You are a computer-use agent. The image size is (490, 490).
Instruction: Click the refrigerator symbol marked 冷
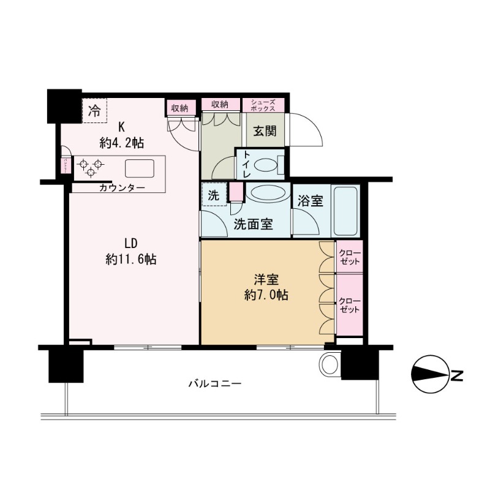[94, 111]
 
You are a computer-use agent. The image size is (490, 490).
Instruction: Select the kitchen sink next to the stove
[141, 167]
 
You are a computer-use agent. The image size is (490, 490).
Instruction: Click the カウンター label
[122, 188]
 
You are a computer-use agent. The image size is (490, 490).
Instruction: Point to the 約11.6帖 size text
[130, 260]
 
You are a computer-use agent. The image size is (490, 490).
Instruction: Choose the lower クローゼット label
[350, 306]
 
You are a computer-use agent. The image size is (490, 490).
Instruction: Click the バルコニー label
[214, 385]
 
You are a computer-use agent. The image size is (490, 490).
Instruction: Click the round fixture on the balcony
[330, 364]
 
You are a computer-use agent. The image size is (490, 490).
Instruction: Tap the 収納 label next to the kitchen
[179, 108]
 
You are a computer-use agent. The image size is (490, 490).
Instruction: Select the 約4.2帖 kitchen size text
[122, 143]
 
